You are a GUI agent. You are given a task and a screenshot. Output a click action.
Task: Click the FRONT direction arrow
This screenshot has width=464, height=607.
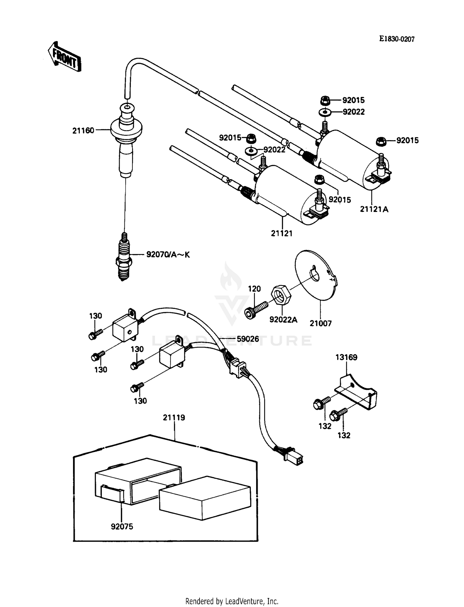(64, 57)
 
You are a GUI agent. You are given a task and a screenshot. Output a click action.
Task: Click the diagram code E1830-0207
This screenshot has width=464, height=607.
(397, 39)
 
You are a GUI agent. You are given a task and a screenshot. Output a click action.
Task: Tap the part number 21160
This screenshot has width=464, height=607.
(83, 131)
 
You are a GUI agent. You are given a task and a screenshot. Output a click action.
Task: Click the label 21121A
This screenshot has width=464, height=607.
(374, 209)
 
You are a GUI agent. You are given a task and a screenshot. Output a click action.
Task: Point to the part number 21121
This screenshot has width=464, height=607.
(281, 234)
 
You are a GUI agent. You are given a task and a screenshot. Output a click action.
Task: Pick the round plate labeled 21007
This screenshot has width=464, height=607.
(316, 275)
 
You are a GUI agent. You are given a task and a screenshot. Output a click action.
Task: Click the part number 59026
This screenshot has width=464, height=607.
(247, 339)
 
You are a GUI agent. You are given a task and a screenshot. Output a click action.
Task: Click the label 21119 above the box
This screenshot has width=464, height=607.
(174, 418)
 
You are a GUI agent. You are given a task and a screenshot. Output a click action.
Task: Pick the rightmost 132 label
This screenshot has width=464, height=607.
(344, 435)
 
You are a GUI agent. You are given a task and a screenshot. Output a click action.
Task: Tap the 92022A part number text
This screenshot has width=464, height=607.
(283, 320)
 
